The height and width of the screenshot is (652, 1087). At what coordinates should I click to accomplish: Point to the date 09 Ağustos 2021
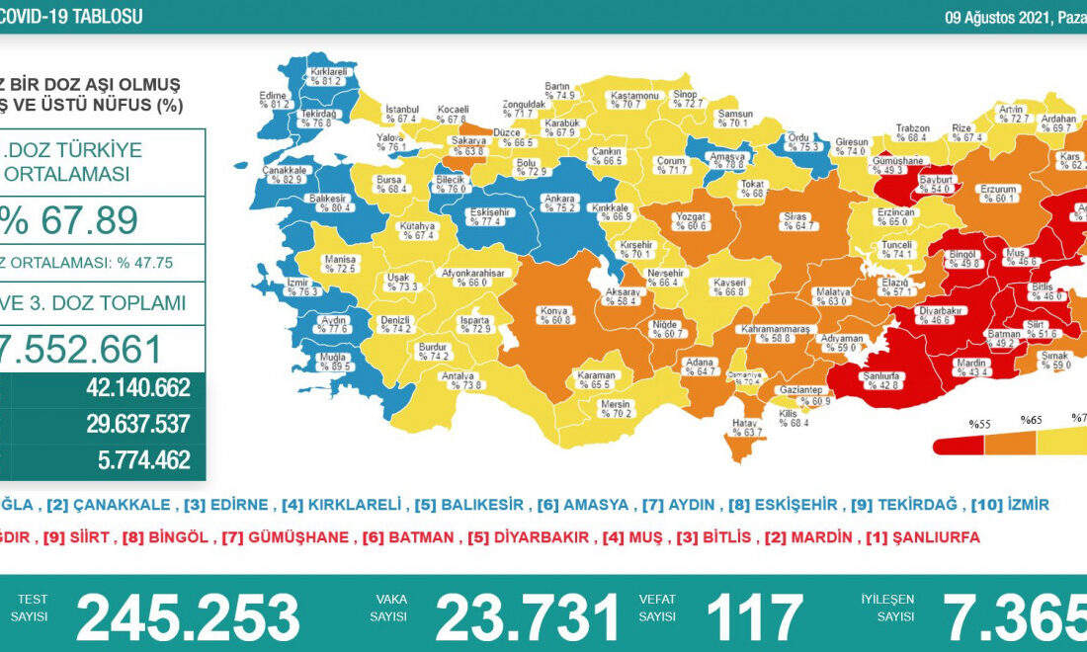point(991,17)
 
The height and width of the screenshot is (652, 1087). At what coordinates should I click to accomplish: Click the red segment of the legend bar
point(958,445)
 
